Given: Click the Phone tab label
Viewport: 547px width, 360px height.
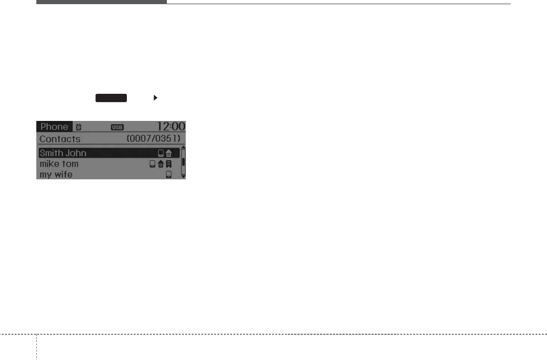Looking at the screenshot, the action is pos(54,127).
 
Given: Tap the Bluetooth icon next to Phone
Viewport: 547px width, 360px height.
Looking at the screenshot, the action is pos(78,127).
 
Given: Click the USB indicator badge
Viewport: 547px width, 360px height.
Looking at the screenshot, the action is pos(117,127).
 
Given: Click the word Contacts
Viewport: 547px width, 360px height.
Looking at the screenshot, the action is pos(60,139).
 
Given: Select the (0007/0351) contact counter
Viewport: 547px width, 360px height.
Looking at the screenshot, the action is pos(156,139).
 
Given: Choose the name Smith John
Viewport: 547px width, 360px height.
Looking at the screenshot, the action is pos(63,153).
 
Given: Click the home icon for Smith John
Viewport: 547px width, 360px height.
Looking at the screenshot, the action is pos(168,154).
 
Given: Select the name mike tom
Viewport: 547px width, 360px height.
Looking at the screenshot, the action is pos(59,164).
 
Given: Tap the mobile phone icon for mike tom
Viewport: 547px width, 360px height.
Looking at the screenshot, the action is pos(152,164).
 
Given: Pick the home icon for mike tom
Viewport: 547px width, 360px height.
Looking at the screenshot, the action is pos(160,164).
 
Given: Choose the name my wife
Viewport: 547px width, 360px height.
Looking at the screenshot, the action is pos(56,175).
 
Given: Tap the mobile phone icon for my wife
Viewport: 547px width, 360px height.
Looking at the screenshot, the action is pos(168,175).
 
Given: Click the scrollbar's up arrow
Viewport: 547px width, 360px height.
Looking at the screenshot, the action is pos(183,147).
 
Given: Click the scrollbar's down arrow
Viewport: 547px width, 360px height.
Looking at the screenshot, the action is pos(183,176).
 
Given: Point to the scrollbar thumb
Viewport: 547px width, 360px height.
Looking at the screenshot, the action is pos(183,162).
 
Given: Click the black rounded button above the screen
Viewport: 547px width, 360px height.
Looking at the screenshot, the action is pos(111,97).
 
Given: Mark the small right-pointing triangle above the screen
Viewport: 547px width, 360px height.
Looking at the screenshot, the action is pos(155,97).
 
